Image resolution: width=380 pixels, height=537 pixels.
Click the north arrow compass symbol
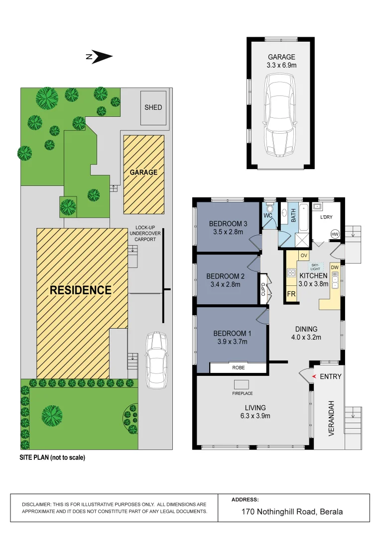[x=100, y=57]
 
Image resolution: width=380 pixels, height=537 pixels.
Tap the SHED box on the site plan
[x=153, y=107]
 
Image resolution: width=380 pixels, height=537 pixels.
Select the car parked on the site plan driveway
[x=155, y=360]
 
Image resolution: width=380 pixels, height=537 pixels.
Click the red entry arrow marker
[x=313, y=376]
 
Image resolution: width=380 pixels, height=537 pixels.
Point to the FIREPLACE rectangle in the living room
[x=242, y=384]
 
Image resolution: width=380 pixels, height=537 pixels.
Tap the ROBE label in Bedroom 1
[x=238, y=368]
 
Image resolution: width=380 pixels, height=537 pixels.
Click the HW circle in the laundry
[x=335, y=234]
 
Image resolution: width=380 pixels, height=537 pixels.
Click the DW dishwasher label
[x=335, y=268]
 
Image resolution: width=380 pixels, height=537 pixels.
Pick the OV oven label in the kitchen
[x=303, y=256]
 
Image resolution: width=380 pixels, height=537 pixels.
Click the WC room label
[x=267, y=216]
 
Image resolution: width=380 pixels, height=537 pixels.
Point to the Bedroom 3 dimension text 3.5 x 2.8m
[x=226, y=232]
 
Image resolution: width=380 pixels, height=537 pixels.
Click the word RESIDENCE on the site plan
[x=80, y=290]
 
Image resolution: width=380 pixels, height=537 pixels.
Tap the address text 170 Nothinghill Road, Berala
[x=292, y=511]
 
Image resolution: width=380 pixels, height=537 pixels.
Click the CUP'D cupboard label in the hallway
[x=263, y=289]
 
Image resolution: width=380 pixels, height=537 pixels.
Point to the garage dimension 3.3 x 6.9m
[x=281, y=65]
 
